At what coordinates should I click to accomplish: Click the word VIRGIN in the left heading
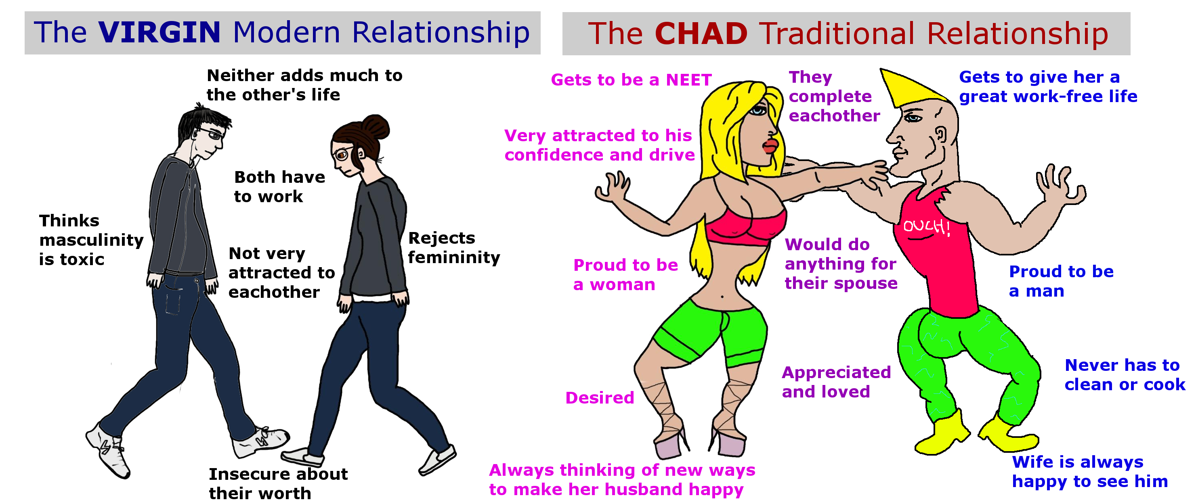[x=159, y=32]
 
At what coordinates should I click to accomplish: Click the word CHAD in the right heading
[x=701, y=33]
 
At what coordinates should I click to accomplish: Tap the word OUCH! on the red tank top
[x=926, y=226]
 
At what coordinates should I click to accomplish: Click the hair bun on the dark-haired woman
[x=375, y=126]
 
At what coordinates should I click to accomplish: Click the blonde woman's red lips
[x=769, y=146]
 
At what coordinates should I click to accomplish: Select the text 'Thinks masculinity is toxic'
[x=91, y=240]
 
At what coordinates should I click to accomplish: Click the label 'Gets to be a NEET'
[x=632, y=80]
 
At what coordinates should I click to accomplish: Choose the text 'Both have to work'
[x=279, y=186]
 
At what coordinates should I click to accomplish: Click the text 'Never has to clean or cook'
[x=1125, y=375]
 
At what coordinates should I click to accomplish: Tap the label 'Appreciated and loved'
[x=837, y=382]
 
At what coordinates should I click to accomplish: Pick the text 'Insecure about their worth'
[x=278, y=483]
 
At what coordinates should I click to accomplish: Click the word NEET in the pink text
[x=689, y=80]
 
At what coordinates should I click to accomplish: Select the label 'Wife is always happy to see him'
[x=1090, y=472]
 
